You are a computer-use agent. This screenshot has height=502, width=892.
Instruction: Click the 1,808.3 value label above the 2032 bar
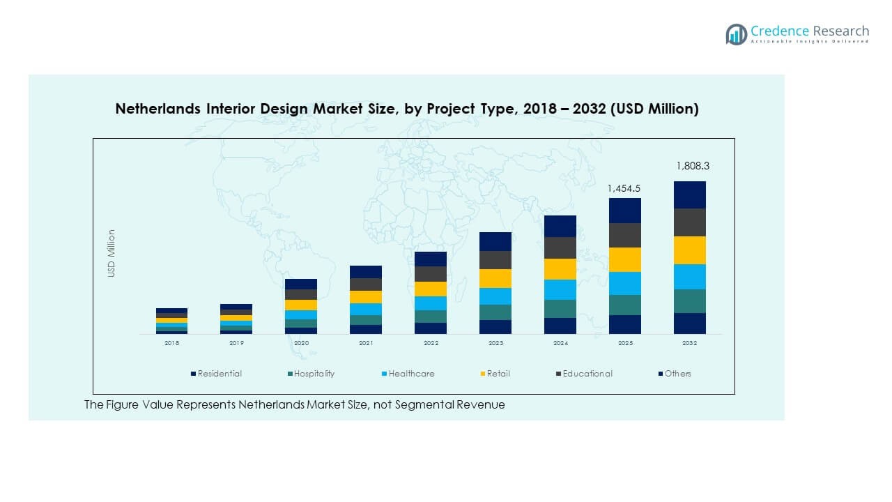690,166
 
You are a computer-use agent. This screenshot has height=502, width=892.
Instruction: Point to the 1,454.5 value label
624,188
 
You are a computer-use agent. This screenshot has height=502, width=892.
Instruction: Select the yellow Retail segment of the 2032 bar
690,250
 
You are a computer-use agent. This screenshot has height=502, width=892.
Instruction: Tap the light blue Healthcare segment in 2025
625,283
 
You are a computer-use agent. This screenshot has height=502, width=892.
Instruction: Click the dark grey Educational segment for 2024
560,248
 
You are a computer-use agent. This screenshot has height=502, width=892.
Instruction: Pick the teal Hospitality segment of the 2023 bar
495,312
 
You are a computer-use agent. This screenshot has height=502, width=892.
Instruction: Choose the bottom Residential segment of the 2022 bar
431,328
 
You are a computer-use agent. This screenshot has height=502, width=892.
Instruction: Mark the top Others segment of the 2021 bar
366,272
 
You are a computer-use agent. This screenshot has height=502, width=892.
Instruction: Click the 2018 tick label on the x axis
171,343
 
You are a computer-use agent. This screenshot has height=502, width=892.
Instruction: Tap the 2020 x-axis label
301,343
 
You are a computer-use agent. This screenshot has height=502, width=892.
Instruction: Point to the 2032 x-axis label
690,343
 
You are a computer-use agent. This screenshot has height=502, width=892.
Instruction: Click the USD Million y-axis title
111,254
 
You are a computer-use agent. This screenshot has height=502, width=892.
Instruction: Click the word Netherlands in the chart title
153,109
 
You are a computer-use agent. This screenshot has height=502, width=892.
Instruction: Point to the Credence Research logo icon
736,34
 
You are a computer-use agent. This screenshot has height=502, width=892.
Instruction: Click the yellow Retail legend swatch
482,374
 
